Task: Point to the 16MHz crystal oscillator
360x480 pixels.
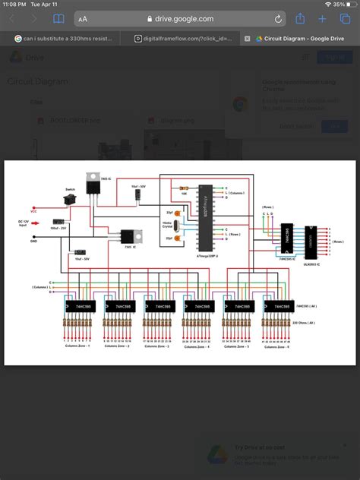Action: pos(174,225)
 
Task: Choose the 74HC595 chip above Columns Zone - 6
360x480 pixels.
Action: pos(277,307)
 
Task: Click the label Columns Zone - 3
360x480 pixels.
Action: pos(156,346)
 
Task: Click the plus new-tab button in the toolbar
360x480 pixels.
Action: pos(323,18)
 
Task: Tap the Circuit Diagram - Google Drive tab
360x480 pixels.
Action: pos(299,38)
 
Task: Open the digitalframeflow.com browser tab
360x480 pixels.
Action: pos(182,38)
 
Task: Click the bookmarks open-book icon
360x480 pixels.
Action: pos(58,18)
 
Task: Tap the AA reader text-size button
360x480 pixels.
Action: pos(83,19)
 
